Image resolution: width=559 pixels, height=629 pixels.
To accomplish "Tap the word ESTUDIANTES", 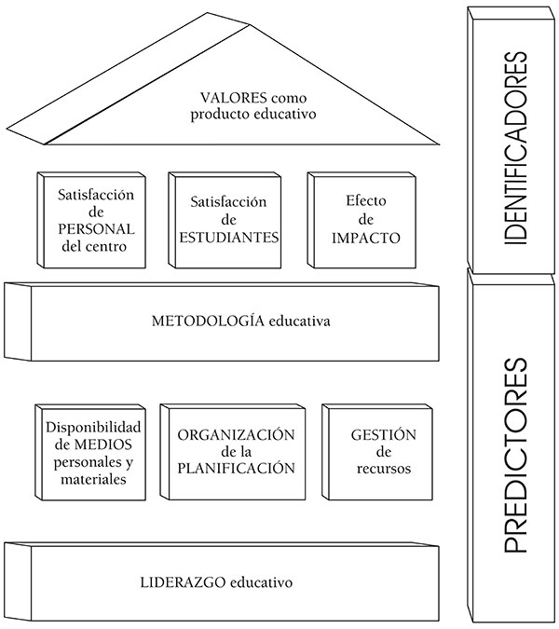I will [229, 237].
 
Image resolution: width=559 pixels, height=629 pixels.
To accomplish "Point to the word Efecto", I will [359, 201].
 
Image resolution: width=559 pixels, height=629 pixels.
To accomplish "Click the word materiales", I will [90, 480].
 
